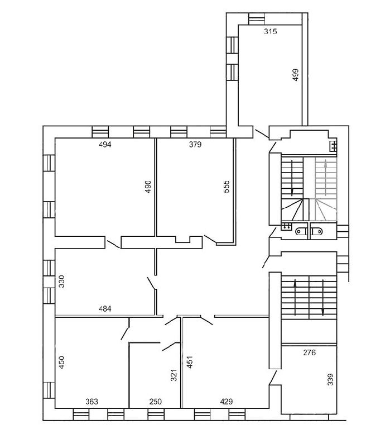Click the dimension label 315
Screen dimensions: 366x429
[271, 31]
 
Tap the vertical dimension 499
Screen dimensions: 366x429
[296, 75]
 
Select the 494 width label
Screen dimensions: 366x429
[105, 145]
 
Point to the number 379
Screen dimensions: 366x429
[195, 145]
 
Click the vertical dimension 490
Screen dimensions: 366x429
[148, 187]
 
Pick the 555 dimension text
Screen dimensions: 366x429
[227, 187]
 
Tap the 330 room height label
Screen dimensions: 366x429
[62, 282]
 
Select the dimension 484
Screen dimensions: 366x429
[105, 309]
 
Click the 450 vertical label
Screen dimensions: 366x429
[62, 362]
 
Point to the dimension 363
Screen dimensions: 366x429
[92, 402]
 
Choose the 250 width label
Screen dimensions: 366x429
[156, 402]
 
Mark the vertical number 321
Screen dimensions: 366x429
[174, 375]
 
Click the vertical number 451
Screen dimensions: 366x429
[190, 362]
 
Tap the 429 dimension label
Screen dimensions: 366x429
[227, 402]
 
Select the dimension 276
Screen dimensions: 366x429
[310, 352]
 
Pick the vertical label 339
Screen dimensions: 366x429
[330, 379]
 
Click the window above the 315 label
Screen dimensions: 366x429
[257, 18]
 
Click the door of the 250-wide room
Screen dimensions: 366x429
[169, 346]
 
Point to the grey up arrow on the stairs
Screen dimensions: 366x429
[326, 177]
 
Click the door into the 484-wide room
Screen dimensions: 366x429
[152, 283]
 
